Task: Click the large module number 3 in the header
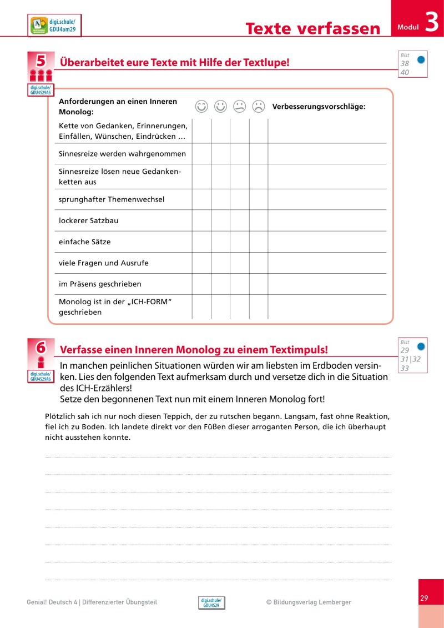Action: (x=432, y=23)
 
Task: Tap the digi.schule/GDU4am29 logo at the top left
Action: (x=54, y=26)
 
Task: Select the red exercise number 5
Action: (x=41, y=61)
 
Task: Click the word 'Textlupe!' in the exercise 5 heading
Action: (x=265, y=63)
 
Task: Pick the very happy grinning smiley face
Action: (x=201, y=106)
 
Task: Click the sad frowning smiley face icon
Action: (x=258, y=106)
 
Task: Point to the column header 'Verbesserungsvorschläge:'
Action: (x=319, y=107)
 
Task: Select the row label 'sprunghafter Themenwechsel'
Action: (x=112, y=199)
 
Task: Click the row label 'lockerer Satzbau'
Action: (x=88, y=220)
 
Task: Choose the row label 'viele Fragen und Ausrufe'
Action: (x=103, y=263)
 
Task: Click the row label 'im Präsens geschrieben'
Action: (x=100, y=284)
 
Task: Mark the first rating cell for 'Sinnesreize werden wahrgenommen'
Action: (x=201, y=154)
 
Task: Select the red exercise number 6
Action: (x=41, y=348)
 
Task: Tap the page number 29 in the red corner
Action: (x=424, y=598)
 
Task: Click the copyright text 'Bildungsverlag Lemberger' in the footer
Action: (x=313, y=602)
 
